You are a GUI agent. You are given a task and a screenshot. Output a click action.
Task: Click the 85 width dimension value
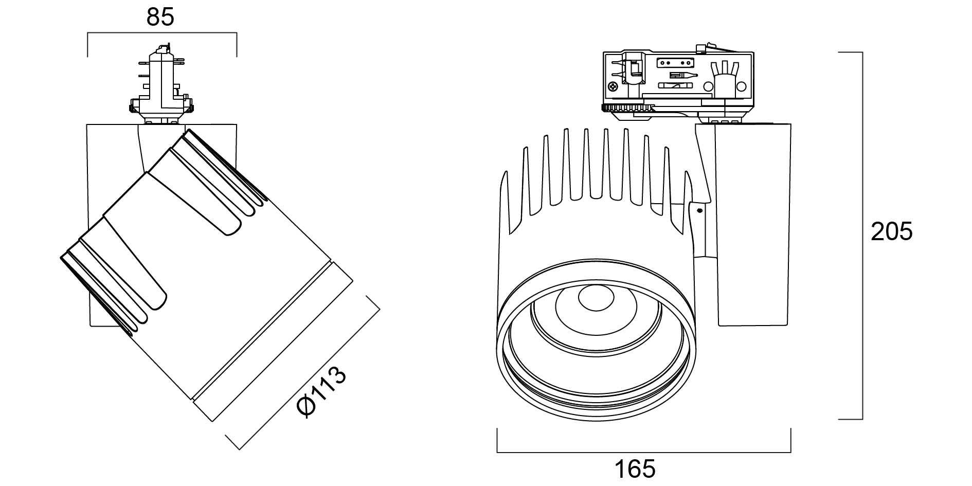[x=160, y=17]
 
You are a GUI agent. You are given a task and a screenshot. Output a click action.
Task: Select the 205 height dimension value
[x=891, y=231]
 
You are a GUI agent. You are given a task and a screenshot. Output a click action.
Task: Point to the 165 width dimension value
[x=635, y=469]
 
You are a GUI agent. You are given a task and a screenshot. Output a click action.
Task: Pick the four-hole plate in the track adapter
[x=674, y=62]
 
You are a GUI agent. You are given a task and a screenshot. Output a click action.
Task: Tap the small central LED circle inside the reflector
[x=596, y=298]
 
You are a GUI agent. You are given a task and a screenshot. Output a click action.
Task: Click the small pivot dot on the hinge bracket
[x=699, y=210]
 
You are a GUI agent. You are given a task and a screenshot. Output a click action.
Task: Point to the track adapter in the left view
[x=161, y=87]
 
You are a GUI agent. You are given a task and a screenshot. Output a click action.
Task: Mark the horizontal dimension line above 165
[x=643, y=453]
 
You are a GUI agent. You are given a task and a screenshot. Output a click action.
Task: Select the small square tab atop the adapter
[x=700, y=49]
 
